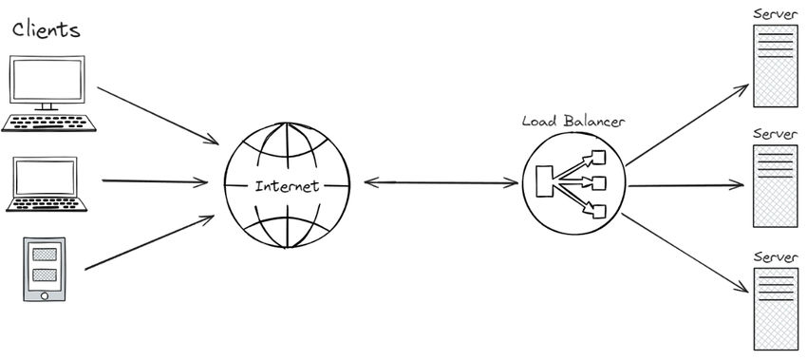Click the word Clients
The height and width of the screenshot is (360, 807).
(46, 29)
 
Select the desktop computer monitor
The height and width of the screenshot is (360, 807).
(47, 80)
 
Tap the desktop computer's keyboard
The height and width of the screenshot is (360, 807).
(49, 122)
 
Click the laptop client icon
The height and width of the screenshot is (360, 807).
(47, 184)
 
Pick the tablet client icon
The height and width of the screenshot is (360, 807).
(45, 269)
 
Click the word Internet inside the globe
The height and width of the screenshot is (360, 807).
(288, 185)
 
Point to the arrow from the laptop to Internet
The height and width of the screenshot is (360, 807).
(155, 180)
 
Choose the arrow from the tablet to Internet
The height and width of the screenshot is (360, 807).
(149, 243)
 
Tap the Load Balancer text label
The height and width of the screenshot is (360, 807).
(574, 122)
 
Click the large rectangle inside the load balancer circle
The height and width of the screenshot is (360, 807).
(545, 181)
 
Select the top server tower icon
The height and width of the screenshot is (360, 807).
(774, 65)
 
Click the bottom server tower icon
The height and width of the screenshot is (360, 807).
(774, 308)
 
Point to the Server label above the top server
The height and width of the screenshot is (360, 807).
(774, 13)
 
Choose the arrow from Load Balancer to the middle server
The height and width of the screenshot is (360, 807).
(685, 185)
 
